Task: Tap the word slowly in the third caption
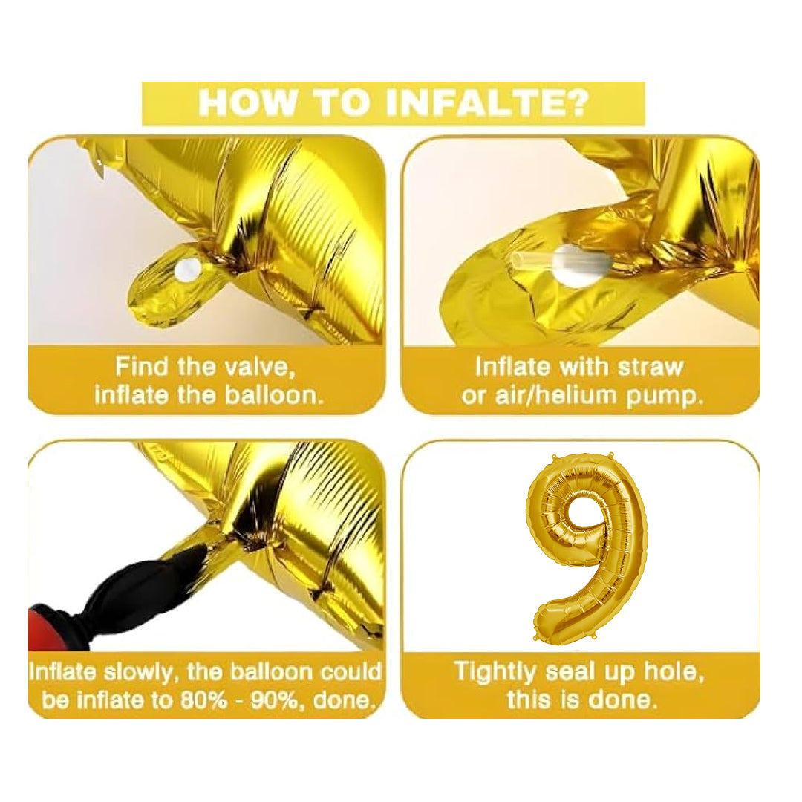coord(142,672)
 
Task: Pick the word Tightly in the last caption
coord(495,671)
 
